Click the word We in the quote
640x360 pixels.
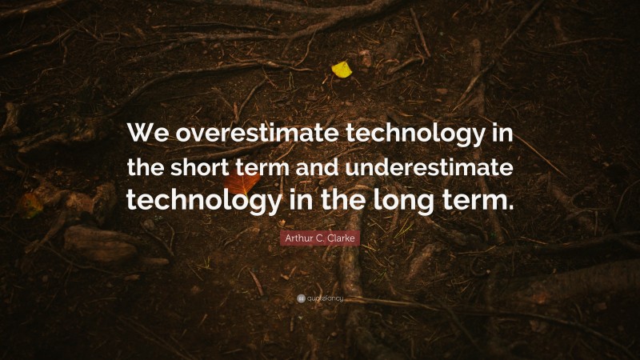pos(150,134)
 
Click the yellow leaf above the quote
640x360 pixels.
pos(342,70)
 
